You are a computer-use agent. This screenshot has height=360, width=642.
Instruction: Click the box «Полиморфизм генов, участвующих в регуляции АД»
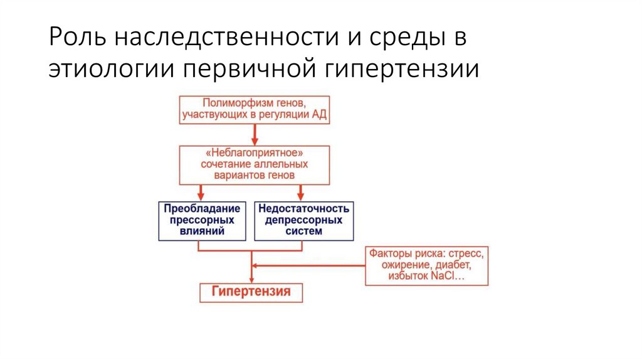point(255,109)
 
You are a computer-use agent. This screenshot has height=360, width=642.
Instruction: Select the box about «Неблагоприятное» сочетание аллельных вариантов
point(255,165)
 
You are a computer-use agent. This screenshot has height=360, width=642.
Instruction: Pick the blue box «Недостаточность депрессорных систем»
point(303,220)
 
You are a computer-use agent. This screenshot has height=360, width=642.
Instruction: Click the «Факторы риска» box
point(426,265)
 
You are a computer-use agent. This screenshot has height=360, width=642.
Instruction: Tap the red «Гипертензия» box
point(251,292)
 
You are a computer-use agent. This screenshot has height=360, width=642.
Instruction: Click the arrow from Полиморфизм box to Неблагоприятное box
point(255,134)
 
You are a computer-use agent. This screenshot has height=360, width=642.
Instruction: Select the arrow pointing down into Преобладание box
point(200,192)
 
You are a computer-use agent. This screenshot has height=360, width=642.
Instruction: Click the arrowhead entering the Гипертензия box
point(251,278)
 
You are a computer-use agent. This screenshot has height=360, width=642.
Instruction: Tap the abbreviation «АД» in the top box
point(318,115)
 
